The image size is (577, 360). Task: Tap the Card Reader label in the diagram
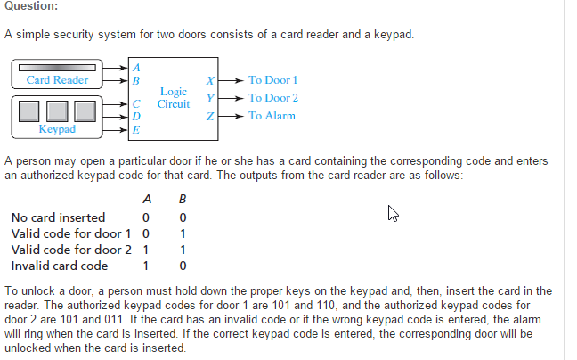coord(57,80)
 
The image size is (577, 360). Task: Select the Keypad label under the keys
coord(57,130)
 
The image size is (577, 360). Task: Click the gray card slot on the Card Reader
coord(57,67)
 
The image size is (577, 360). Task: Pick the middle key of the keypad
coord(57,111)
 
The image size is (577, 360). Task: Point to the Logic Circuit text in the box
coord(174,98)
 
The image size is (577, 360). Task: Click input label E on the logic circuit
coord(135,131)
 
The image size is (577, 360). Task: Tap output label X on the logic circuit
coord(208,80)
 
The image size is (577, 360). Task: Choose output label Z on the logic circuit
coord(208,116)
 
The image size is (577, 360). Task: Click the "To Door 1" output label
coord(272,80)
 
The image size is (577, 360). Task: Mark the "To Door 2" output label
coord(272,98)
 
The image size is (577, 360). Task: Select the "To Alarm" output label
coord(272,116)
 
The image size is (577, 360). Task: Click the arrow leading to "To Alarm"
coord(231,116)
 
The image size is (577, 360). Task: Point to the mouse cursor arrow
coord(392,213)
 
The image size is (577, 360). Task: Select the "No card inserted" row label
coord(58,217)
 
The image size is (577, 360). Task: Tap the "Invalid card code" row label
coord(60,266)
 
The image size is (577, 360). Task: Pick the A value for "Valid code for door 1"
coord(145,233)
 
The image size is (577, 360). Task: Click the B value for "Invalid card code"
coord(182,266)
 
